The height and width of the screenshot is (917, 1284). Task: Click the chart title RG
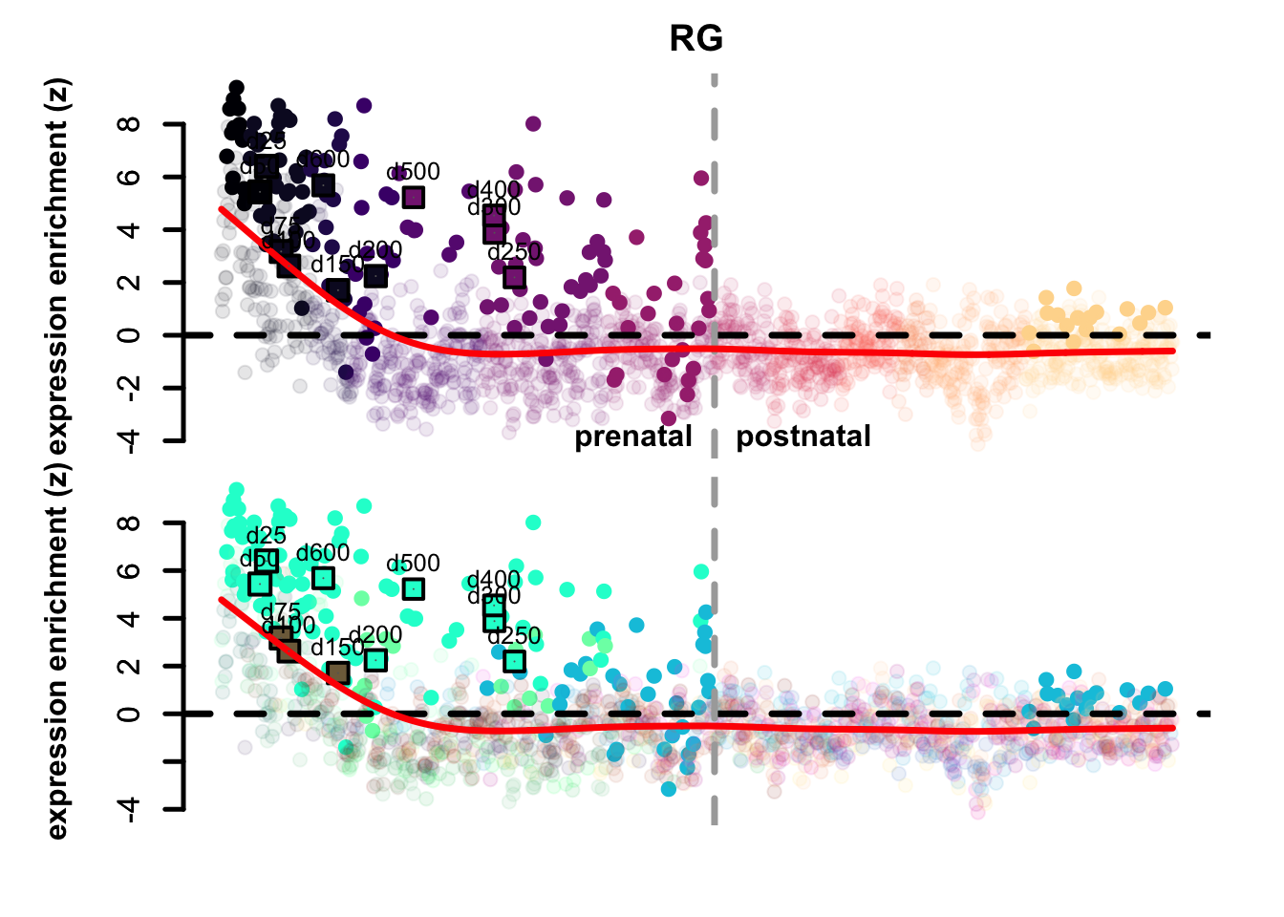point(695,39)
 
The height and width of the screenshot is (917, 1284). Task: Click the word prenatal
point(632,437)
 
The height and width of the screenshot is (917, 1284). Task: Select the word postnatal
point(803,437)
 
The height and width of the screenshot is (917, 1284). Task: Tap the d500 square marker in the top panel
point(413,198)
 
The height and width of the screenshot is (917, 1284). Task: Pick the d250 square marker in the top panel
point(515,277)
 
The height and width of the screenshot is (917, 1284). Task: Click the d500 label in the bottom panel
point(413,564)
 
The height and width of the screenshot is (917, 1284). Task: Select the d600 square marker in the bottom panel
point(323,578)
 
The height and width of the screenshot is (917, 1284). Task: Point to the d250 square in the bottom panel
point(515,661)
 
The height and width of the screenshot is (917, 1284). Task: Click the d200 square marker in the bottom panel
point(375,660)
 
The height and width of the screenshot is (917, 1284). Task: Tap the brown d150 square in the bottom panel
point(337,673)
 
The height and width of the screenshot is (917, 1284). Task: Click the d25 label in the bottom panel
point(266,536)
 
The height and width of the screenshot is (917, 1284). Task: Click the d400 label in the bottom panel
point(494,580)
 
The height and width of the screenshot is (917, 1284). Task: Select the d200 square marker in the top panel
point(375,276)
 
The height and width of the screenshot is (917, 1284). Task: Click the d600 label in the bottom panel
point(323,553)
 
